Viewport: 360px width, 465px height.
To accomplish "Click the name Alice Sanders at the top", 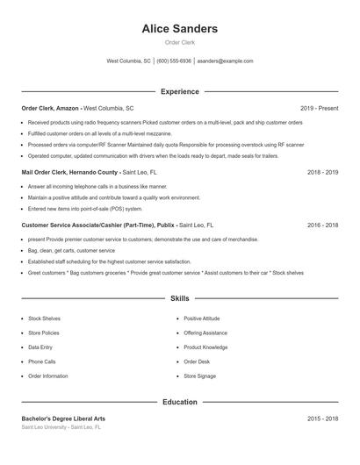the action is point(180,29).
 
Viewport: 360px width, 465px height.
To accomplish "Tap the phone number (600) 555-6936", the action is point(174,61).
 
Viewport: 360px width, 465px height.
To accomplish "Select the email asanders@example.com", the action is point(225,61).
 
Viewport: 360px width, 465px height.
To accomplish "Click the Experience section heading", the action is point(180,91).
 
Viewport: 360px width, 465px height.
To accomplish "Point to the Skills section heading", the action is point(180,298).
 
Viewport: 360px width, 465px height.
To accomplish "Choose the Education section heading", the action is point(180,402).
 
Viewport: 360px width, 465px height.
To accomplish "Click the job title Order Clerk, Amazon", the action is point(51,108).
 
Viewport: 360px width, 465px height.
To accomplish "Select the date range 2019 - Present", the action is point(319,108).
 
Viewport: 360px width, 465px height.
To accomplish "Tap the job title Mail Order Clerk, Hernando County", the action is point(69,173).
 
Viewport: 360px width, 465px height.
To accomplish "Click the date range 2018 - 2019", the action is point(323,173).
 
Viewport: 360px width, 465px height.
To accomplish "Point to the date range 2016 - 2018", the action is point(323,225).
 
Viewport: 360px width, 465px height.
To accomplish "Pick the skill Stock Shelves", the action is point(44,318).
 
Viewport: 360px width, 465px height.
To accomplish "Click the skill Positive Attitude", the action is point(202,318).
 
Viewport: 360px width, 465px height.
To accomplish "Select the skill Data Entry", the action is point(40,347).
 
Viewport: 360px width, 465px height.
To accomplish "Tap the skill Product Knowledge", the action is point(205,347).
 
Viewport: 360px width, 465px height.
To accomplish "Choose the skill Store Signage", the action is point(199,376).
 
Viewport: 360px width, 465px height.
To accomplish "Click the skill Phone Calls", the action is point(42,361).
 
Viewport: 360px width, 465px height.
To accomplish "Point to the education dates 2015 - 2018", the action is point(323,418).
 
